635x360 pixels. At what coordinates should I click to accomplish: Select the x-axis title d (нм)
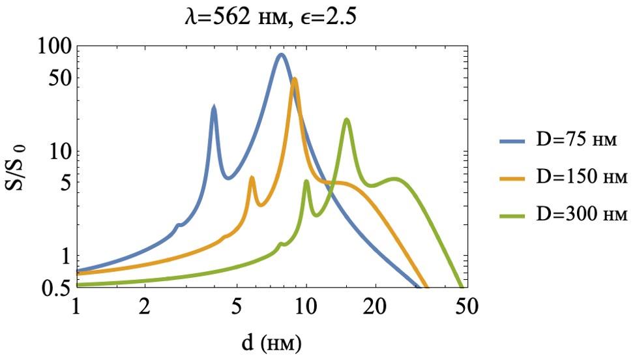point(269,342)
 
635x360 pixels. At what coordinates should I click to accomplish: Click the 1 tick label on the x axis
point(76,306)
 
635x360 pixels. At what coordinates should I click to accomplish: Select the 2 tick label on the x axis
point(145,306)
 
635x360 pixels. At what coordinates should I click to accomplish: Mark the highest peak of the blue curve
point(281,55)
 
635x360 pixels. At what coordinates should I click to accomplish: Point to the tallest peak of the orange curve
point(295,80)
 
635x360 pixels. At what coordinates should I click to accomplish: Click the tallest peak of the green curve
point(347,119)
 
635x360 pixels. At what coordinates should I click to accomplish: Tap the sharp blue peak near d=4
point(213,107)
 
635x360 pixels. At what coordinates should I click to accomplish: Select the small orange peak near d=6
point(252,178)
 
